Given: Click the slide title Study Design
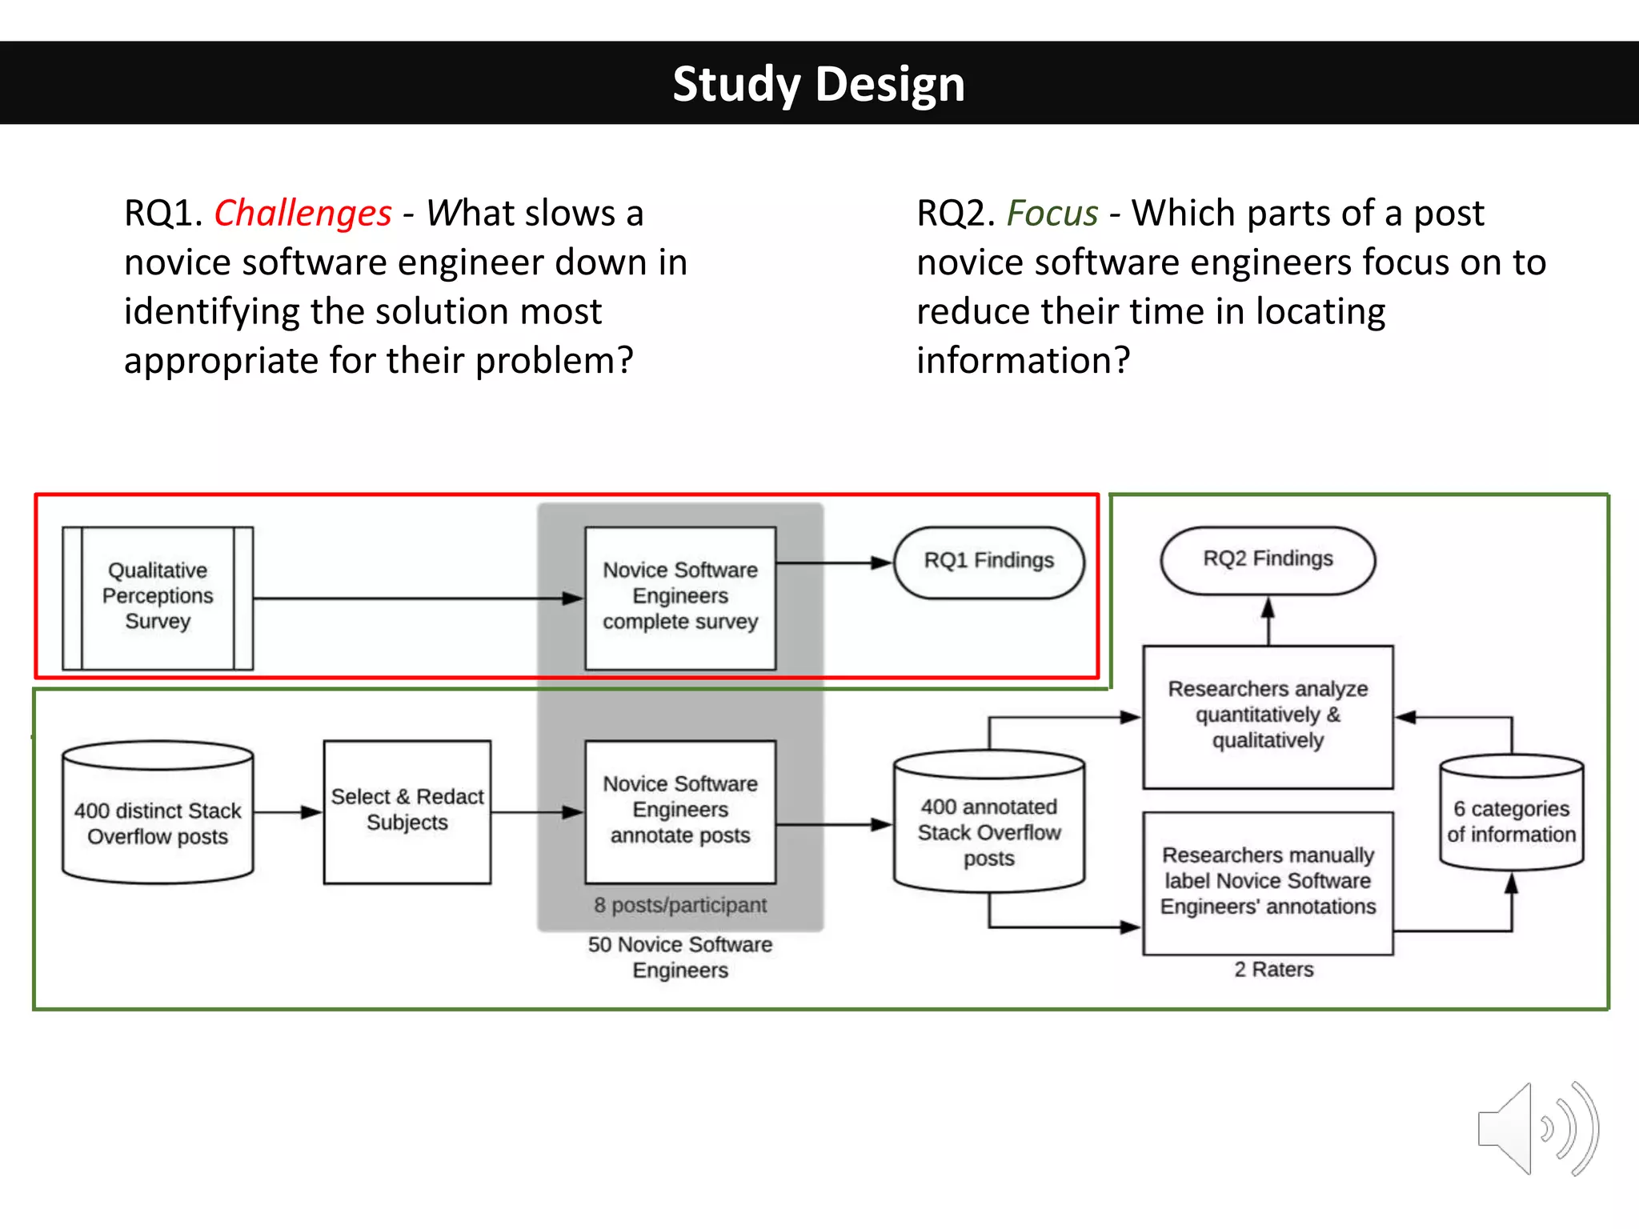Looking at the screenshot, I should point(818,84).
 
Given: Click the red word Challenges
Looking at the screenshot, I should point(303,214).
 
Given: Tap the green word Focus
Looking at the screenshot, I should point(1052,214).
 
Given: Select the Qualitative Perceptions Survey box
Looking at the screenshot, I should point(158,597).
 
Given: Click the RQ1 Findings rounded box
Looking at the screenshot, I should point(988,562).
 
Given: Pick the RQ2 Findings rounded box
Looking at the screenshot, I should point(1268,559).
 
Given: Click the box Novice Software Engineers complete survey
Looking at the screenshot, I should point(680,597).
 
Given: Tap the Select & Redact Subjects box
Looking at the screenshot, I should point(407,811).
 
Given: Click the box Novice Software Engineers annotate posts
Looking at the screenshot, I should point(680,811).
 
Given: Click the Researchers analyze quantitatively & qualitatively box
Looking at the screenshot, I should point(1268,715).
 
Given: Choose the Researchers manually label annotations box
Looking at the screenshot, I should point(1268,882).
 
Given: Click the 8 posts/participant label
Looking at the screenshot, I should point(680,906).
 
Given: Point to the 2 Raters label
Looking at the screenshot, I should point(1273,970).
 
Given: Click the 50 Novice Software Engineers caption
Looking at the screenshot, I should point(680,957).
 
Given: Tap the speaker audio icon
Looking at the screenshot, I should point(1537,1128).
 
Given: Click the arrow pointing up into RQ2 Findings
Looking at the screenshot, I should point(1268,621).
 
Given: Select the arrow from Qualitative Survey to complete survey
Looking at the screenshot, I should point(416,598).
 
